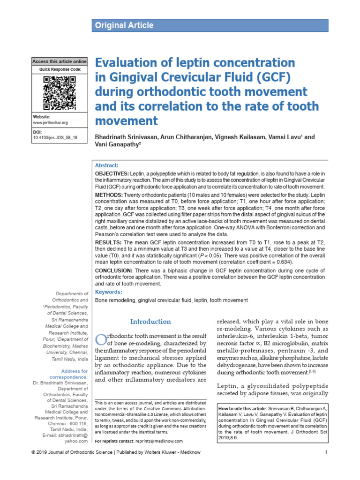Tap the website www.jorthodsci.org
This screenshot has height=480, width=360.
[x=50, y=122]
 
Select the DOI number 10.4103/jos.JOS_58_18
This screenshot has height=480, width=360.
[x=55, y=138]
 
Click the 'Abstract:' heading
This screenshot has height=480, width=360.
[x=106, y=165]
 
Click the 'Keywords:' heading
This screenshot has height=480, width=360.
[x=108, y=292]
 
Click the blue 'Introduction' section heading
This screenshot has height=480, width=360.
[x=150, y=322]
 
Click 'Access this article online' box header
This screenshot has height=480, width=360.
[x=60, y=61]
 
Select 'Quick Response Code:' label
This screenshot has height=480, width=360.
[x=60, y=69]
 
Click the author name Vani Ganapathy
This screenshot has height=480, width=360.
[x=118, y=145]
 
